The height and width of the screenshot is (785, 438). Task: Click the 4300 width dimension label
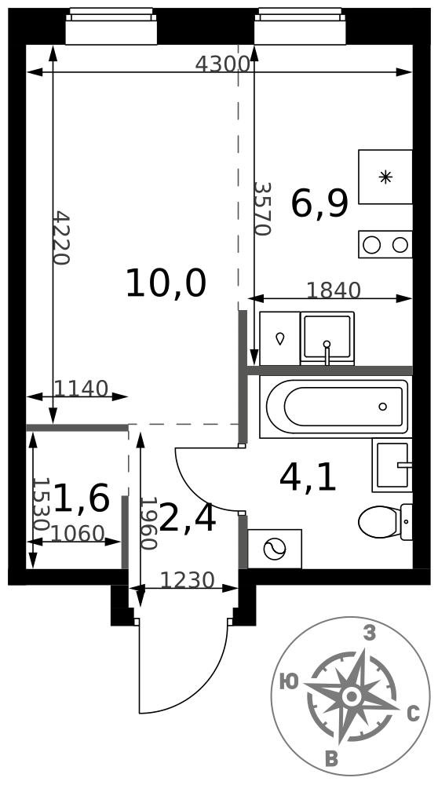tap(222, 64)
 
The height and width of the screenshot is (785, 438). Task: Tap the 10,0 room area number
tap(166, 283)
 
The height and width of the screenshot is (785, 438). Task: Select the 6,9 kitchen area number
tap(319, 204)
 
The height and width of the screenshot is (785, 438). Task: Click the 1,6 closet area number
tap(81, 498)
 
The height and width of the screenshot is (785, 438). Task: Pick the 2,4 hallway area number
tap(188, 519)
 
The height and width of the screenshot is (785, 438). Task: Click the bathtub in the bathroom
tap(335, 407)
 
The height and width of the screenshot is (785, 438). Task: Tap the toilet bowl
tap(385, 522)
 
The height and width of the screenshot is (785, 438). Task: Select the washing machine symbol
tap(275, 549)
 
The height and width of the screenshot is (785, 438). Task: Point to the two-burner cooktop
tap(385, 245)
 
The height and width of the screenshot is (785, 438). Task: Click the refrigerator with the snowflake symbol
tap(385, 177)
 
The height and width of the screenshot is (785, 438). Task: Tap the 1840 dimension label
tap(334, 290)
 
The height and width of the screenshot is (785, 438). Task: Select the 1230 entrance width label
tap(188, 580)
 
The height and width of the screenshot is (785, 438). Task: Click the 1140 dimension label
tap(81, 389)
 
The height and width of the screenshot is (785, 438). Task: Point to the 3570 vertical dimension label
tap(262, 208)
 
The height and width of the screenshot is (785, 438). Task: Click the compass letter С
tap(413, 714)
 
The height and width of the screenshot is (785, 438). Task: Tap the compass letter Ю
tap(289, 681)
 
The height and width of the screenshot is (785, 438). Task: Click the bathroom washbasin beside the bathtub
tap(392, 465)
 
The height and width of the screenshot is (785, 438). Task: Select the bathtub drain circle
tap(383, 407)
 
